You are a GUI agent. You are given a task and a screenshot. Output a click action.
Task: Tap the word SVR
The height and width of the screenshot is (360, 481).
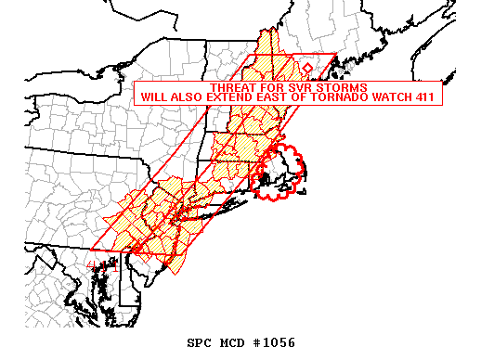(x=298, y=87)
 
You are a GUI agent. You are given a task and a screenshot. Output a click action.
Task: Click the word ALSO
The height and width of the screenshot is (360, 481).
(x=191, y=96)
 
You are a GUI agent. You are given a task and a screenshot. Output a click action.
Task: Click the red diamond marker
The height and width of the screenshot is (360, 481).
(x=308, y=69)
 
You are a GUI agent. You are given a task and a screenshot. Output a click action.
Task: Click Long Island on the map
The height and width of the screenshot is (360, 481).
(x=218, y=211)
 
